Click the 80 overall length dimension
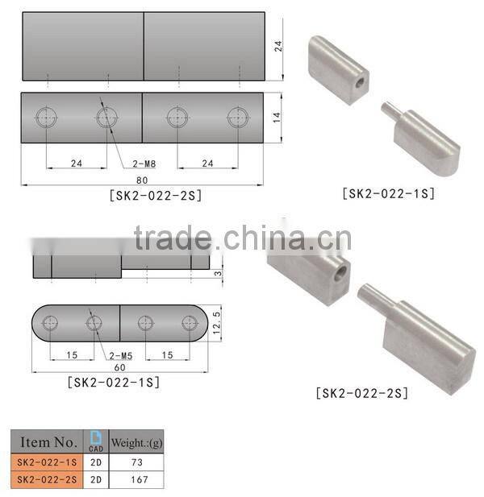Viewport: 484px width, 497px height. pyautogui.click(x=142, y=180)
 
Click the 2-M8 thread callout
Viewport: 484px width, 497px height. pyautogui.click(x=144, y=164)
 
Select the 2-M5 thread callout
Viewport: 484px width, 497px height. pyautogui.click(x=121, y=356)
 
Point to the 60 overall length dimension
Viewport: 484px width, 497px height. pyautogui.click(x=119, y=367)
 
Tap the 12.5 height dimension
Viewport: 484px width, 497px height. pyautogui.click(x=216, y=323)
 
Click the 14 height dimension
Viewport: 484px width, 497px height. pyautogui.click(x=277, y=118)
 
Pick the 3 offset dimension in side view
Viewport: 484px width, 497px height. pyautogui.click(x=218, y=273)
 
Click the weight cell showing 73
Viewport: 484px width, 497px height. pyautogui.click(x=137, y=462)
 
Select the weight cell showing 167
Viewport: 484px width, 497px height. pyautogui.click(x=137, y=479)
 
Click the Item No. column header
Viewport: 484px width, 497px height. pyautogui.click(x=47, y=441)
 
